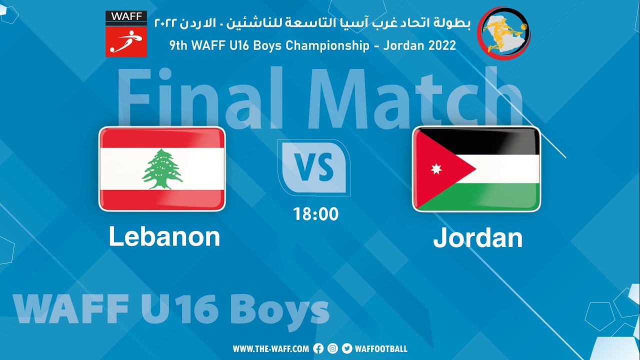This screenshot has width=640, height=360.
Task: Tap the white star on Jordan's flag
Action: (x=436, y=169)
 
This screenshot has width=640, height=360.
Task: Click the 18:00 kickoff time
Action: (x=316, y=214)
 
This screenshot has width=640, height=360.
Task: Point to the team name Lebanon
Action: (x=164, y=236)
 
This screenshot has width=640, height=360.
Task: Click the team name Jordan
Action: (x=477, y=238)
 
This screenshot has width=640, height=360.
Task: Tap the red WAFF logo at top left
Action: (x=126, y=34)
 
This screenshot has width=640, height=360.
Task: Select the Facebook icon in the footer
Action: (x=318, y=349)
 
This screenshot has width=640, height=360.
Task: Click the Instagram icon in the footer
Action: (x=332, y=349)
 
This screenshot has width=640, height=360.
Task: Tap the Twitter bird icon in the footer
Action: (x=346, y=349)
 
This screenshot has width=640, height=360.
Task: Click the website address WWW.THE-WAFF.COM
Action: (x=270, y=349)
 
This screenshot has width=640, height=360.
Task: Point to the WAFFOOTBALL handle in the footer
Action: (x=381, y=349)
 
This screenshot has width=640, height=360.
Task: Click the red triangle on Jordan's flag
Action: (x=437, y=169)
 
